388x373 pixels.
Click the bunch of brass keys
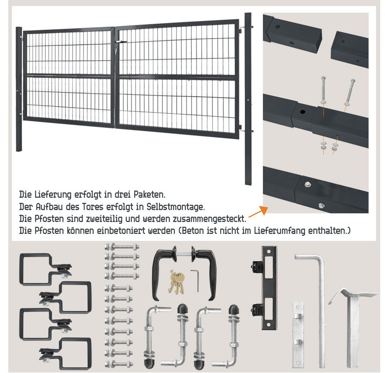point(177,282)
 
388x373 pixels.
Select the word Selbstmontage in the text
point(175,207)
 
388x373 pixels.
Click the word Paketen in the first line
point(149,195)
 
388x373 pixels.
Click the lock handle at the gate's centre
point(121,42)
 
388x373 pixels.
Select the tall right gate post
point(248,99)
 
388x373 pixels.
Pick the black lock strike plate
point(269,288)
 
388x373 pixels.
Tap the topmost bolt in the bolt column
point(122,247)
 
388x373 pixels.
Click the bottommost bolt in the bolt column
point(119,364)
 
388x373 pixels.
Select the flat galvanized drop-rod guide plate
point(298,334)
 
